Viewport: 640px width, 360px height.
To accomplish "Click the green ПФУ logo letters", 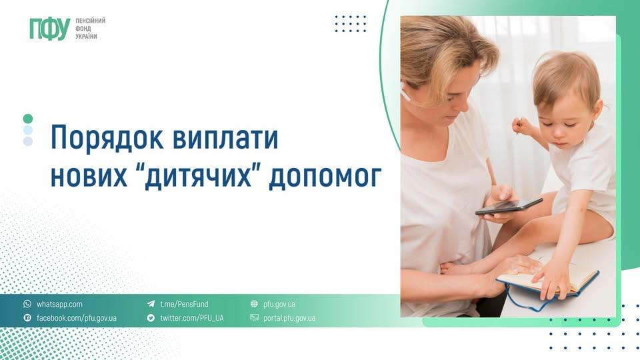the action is (50, 29).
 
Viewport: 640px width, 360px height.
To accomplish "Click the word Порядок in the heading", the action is (107, 139).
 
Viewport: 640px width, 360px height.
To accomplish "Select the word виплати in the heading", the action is (225, 138).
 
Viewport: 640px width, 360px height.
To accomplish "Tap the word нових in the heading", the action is (89, 177).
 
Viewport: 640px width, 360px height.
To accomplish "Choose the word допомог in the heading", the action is (325, 177).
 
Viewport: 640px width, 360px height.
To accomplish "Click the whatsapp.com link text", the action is (59, 304).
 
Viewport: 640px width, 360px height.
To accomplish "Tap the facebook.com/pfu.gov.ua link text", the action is (77, 318).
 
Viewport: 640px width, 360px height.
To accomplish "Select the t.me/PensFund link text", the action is (184, 304).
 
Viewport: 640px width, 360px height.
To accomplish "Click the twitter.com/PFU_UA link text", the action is (192, 318).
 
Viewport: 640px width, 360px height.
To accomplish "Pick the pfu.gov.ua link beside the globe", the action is (279, 304).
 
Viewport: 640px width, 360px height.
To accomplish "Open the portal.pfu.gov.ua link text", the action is (289, 318).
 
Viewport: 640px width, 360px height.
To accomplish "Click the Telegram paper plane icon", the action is (151, 304).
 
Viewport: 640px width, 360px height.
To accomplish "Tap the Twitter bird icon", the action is (151, 317).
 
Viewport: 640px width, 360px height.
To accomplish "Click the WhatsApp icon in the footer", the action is (27, 304).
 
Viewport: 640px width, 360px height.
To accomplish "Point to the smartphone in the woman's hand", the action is (509, 206).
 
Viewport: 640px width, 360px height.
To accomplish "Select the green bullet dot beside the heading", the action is (28, 119).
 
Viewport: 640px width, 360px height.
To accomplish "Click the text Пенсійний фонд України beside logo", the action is (90, 29).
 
